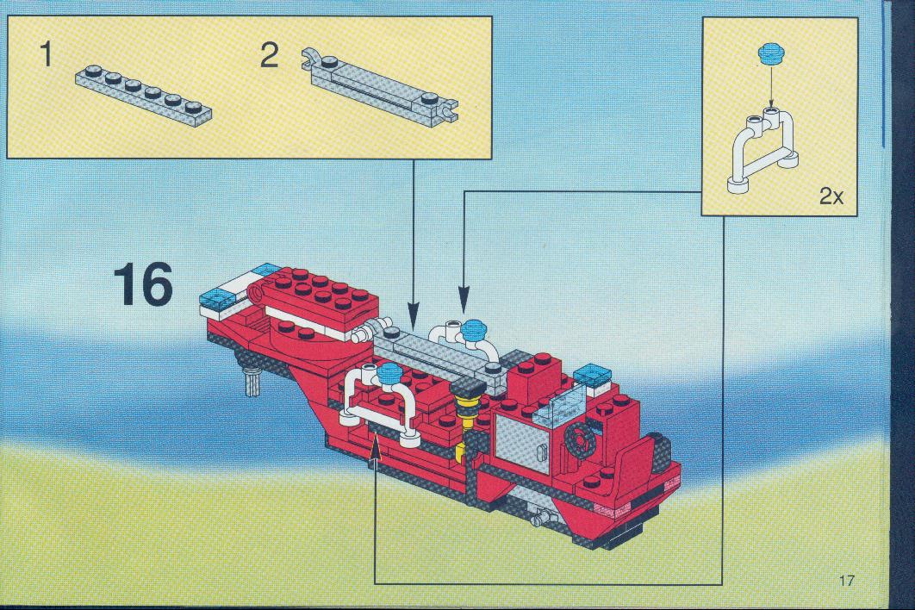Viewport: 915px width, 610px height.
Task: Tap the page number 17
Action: (847, 580)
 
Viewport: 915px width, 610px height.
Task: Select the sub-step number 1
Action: (47, 55)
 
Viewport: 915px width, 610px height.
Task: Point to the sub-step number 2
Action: (269, 57)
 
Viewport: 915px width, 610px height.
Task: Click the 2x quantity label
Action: (831, 196)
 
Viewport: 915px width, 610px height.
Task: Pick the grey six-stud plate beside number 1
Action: (143, 93)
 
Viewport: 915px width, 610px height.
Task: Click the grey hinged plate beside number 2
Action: (379, 88)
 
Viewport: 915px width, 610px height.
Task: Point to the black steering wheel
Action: (580, 439)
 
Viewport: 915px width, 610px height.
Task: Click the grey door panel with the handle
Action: (523, 442)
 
